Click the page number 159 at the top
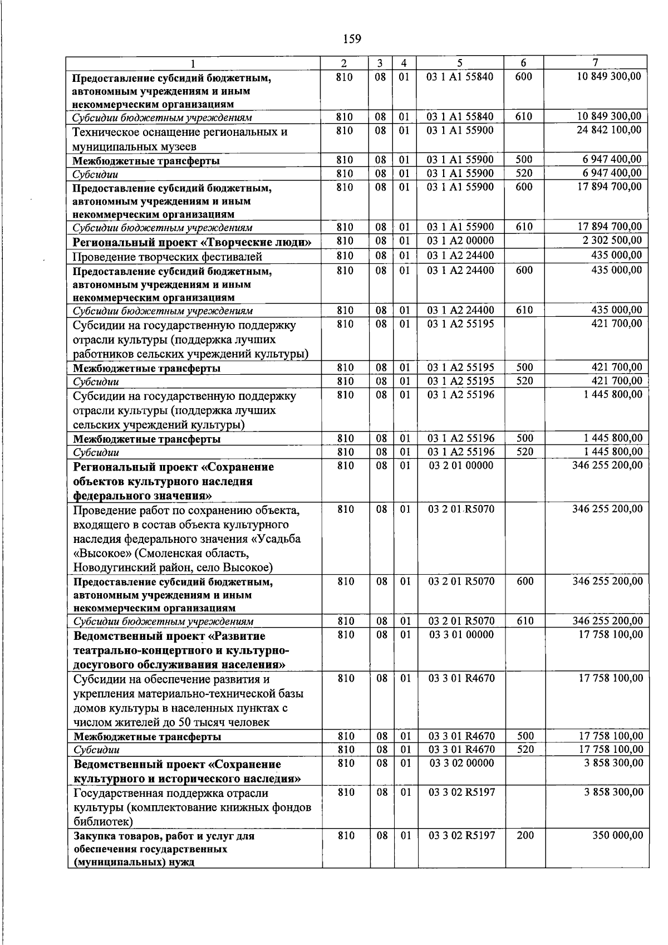coord(352,39)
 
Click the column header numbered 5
coord(460,63)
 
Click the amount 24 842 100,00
coord(612,130)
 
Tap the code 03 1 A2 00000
coord(460,241)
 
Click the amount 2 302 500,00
coord(613,241)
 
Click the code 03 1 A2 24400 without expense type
coord(460,256)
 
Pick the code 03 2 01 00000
coord(460,465)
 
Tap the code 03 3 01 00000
coord(461,634)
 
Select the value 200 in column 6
coord(524,835)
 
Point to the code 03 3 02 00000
coord(461,763)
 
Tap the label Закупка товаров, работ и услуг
coord(164,836)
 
